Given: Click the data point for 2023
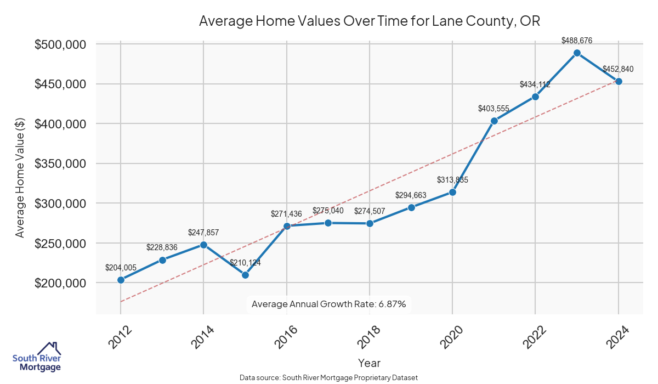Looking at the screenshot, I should point(577,53).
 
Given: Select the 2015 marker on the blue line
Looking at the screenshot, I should point(245,275).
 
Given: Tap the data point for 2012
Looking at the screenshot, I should point(121,280).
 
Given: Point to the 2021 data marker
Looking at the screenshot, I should point(494,121).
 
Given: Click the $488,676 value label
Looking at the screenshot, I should point(577,41).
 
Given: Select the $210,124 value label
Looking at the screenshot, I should point(245,263).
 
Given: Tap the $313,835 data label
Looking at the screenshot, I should point(452,180).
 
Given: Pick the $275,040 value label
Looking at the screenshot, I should point(328,211).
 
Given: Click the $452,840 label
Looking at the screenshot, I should point(618,69).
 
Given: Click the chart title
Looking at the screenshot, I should point(370,21).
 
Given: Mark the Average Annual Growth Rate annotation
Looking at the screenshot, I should point(328,304).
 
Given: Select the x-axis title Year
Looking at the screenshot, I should point(369,363).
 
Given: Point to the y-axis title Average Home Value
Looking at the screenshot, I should point(20,178).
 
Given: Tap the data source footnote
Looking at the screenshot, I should point(329,378).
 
